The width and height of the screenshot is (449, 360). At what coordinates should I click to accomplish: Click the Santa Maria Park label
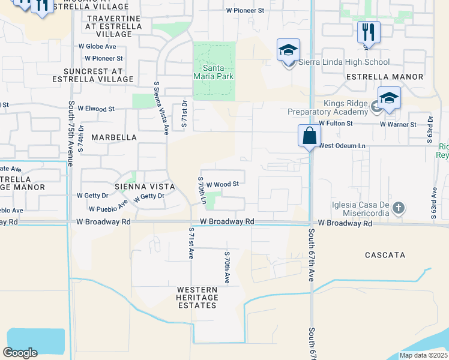tap(213, 72)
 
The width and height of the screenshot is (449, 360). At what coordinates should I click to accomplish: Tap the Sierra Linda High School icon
tap(288, 50)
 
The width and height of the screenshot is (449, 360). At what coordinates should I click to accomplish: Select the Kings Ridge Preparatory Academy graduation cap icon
tap(389, 99)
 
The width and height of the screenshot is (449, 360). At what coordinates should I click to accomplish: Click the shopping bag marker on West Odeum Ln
tap(309, 136)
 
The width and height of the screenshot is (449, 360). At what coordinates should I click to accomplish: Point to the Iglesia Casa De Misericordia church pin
tap(399, 209)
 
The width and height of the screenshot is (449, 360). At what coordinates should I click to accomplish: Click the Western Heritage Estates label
tap(196, 298)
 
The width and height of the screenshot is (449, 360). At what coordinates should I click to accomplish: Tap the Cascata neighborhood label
tap(385, 255)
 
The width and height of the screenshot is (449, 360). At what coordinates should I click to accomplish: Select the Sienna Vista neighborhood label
tap(148, 187)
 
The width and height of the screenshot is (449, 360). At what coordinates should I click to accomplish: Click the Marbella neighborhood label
tap(114, 137)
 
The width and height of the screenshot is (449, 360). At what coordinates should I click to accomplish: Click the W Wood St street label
tap(223, 185)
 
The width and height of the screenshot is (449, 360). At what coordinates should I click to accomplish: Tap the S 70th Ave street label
tap(227, 268)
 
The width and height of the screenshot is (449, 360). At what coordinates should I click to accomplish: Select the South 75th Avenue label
tap(71, 134)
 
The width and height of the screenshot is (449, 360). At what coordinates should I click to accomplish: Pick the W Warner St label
tap(398, 124)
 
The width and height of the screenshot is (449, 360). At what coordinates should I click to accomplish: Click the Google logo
tap(20, 352)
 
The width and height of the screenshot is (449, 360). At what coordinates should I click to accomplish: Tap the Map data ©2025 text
tap(423, 355)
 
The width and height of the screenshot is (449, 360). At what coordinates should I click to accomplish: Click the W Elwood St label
tap(96, 109)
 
